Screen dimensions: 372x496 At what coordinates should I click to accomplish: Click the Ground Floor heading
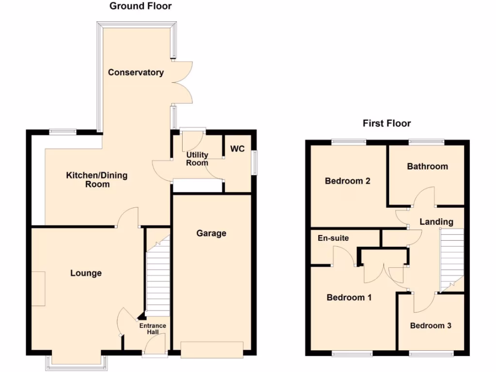coord(140,6)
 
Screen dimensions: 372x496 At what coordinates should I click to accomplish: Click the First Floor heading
coord(387,124)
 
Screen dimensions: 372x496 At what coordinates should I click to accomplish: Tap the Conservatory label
coord(136,73)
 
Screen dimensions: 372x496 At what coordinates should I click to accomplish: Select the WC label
coord(237,149)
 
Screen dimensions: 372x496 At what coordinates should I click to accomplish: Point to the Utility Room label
coord(198,159)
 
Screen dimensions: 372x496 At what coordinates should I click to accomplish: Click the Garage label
coord(211,233)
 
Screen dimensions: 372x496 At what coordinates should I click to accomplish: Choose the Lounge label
coord(86,273)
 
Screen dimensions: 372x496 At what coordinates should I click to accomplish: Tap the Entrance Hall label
coord(153,329)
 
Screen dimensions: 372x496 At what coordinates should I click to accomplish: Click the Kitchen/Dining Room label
coord(97,180)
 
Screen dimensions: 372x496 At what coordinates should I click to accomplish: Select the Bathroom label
coord(427,167)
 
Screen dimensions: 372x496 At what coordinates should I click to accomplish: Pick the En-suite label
coord(333,238)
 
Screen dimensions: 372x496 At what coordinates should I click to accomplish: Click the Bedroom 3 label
coord(431,325)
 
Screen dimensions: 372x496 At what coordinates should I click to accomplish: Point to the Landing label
coord(436,222)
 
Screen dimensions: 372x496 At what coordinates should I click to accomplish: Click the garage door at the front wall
coord(211,349)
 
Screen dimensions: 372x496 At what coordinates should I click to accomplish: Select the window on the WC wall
coord(254,161)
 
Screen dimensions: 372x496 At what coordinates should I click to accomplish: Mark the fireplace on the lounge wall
coord(39,289)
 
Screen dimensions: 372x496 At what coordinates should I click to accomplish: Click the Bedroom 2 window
coord(349,142)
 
